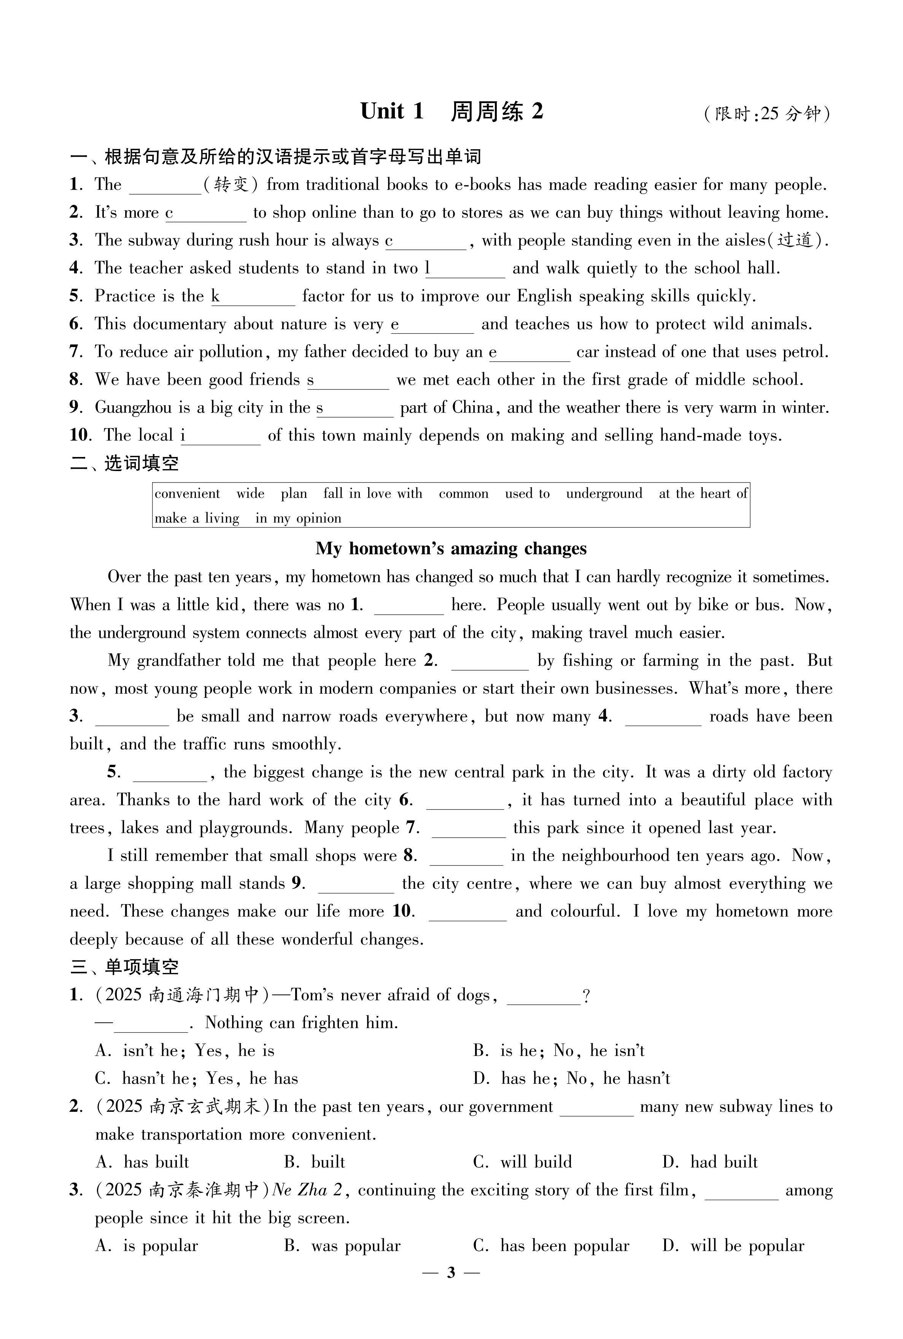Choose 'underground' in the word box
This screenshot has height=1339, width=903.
[604, 494]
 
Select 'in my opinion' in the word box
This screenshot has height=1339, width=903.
[298, 518]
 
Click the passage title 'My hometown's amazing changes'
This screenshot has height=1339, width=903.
[451, 548]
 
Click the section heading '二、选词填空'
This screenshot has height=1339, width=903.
[124, 463]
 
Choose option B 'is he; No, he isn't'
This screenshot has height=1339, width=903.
[559, 1051]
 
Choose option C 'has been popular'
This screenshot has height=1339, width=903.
[551, 1246]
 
